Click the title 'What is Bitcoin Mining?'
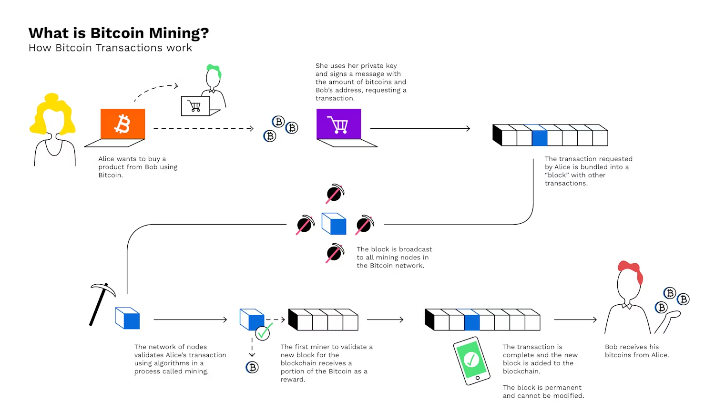point(119,33)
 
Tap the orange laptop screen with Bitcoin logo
point(123,124)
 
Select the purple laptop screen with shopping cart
point(338,124)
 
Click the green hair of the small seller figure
point(214,70)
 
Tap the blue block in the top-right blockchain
point(540,137)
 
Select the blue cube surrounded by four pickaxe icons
point(334,224)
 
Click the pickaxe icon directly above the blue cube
point(335,193)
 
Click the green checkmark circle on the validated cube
point(263,332)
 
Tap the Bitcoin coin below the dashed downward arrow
point(252,367)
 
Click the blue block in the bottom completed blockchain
point(472,322)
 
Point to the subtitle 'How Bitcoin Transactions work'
point(110,48)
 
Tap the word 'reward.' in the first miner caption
point(293,380)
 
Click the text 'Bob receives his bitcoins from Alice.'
point(637,351)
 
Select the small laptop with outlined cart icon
point(196,106)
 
